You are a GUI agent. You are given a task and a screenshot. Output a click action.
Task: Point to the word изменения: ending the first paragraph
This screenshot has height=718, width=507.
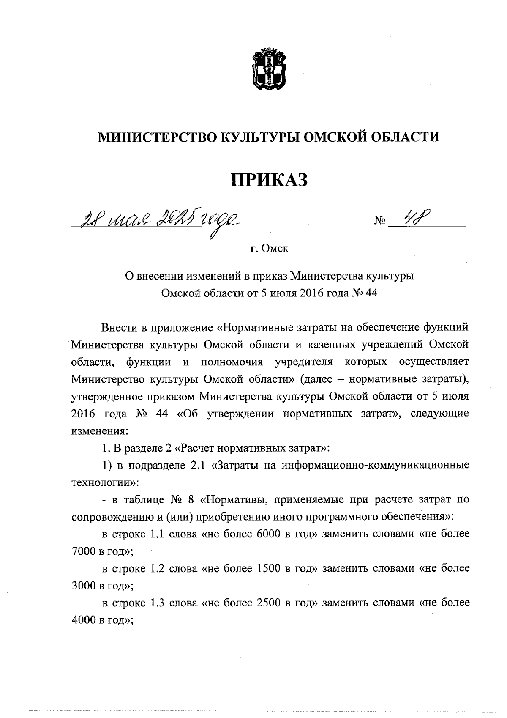(99, 431)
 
